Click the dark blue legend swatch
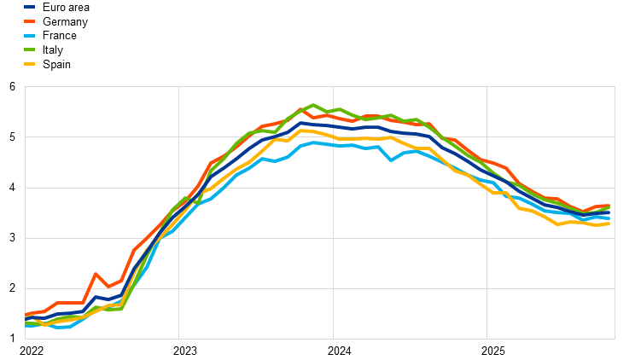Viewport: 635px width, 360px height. (29, 7)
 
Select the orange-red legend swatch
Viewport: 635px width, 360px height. (29, 20)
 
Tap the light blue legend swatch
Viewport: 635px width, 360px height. (29, 35)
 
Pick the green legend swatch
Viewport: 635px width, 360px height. (29, 49)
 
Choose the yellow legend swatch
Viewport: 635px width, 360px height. (29, 64)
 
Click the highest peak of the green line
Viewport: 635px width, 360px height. (313, 105)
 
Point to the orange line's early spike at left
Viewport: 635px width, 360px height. (96, 274)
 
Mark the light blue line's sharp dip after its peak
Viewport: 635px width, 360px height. (391, 160)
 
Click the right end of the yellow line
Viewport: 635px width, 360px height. (609, 224)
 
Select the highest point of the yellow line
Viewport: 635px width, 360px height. (304, 131)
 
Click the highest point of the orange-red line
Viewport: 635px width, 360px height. (300, 109)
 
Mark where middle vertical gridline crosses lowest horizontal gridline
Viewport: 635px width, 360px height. (333, 288)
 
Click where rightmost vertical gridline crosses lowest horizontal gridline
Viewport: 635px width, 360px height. (486, 288)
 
